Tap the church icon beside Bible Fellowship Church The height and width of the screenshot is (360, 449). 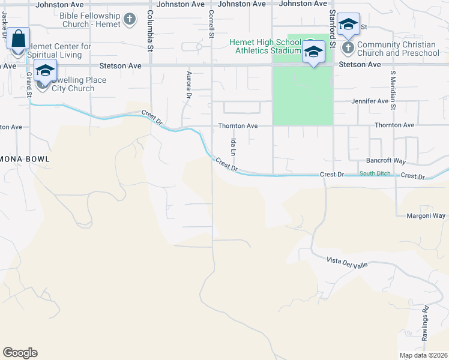point(129,20)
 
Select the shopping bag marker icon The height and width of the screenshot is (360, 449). point(19,39)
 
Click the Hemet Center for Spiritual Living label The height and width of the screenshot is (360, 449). point(60,50)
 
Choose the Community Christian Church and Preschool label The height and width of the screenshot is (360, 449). point(397,49)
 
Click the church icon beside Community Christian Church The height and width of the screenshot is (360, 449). point(348,46)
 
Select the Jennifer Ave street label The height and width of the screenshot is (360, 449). point(370,101)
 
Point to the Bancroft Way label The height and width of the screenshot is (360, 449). point(386,161)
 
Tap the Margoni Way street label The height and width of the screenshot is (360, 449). point(426,216)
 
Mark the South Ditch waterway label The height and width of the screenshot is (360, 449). point(375,173)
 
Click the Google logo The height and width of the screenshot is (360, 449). point(20,353)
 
